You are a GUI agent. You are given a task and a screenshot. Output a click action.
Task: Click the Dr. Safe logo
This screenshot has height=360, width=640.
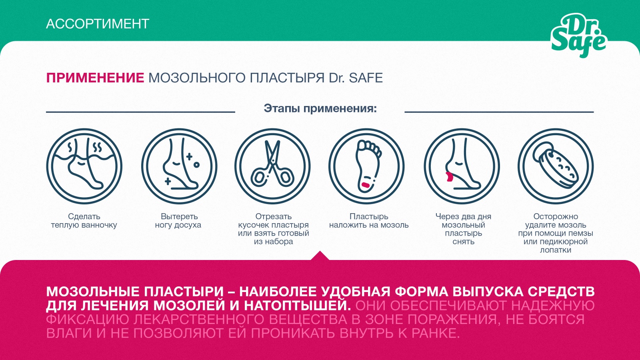578,36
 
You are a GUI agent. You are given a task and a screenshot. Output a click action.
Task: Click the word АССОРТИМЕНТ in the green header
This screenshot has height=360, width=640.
98,24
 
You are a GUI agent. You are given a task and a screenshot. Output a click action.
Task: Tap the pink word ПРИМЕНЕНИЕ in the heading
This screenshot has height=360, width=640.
95,78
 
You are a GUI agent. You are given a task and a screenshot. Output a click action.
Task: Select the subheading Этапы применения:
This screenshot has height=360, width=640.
320,108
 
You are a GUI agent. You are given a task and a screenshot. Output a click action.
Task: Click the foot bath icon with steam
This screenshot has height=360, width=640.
84,166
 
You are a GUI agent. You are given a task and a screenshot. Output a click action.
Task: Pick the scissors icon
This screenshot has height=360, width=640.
272,166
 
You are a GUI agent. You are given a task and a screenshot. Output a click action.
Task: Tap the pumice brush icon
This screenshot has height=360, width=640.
556,166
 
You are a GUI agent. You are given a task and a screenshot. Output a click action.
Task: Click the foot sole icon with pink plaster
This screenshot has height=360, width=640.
366,166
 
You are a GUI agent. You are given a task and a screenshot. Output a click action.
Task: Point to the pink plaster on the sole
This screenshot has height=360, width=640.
366,184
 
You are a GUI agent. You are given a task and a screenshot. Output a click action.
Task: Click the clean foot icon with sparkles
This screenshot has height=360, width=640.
179,166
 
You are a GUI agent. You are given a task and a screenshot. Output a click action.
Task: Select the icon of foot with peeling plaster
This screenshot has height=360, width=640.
462,166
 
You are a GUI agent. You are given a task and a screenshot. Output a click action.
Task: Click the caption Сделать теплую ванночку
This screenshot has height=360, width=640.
84,221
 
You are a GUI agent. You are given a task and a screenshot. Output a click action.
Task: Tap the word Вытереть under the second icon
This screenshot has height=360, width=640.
179,216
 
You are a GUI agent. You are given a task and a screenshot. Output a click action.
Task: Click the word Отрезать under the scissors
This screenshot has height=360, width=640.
274,216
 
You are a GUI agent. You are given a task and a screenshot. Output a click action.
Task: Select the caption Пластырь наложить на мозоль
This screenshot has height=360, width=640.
369,221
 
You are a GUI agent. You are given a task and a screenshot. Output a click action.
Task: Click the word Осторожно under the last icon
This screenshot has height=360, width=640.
556,216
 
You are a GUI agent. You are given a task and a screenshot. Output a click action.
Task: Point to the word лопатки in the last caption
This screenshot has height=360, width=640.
556,250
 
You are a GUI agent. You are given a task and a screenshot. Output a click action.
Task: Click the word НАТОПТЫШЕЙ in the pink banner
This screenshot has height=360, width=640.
297,306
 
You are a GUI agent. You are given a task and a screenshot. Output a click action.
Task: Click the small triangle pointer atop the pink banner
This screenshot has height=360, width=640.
320,256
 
